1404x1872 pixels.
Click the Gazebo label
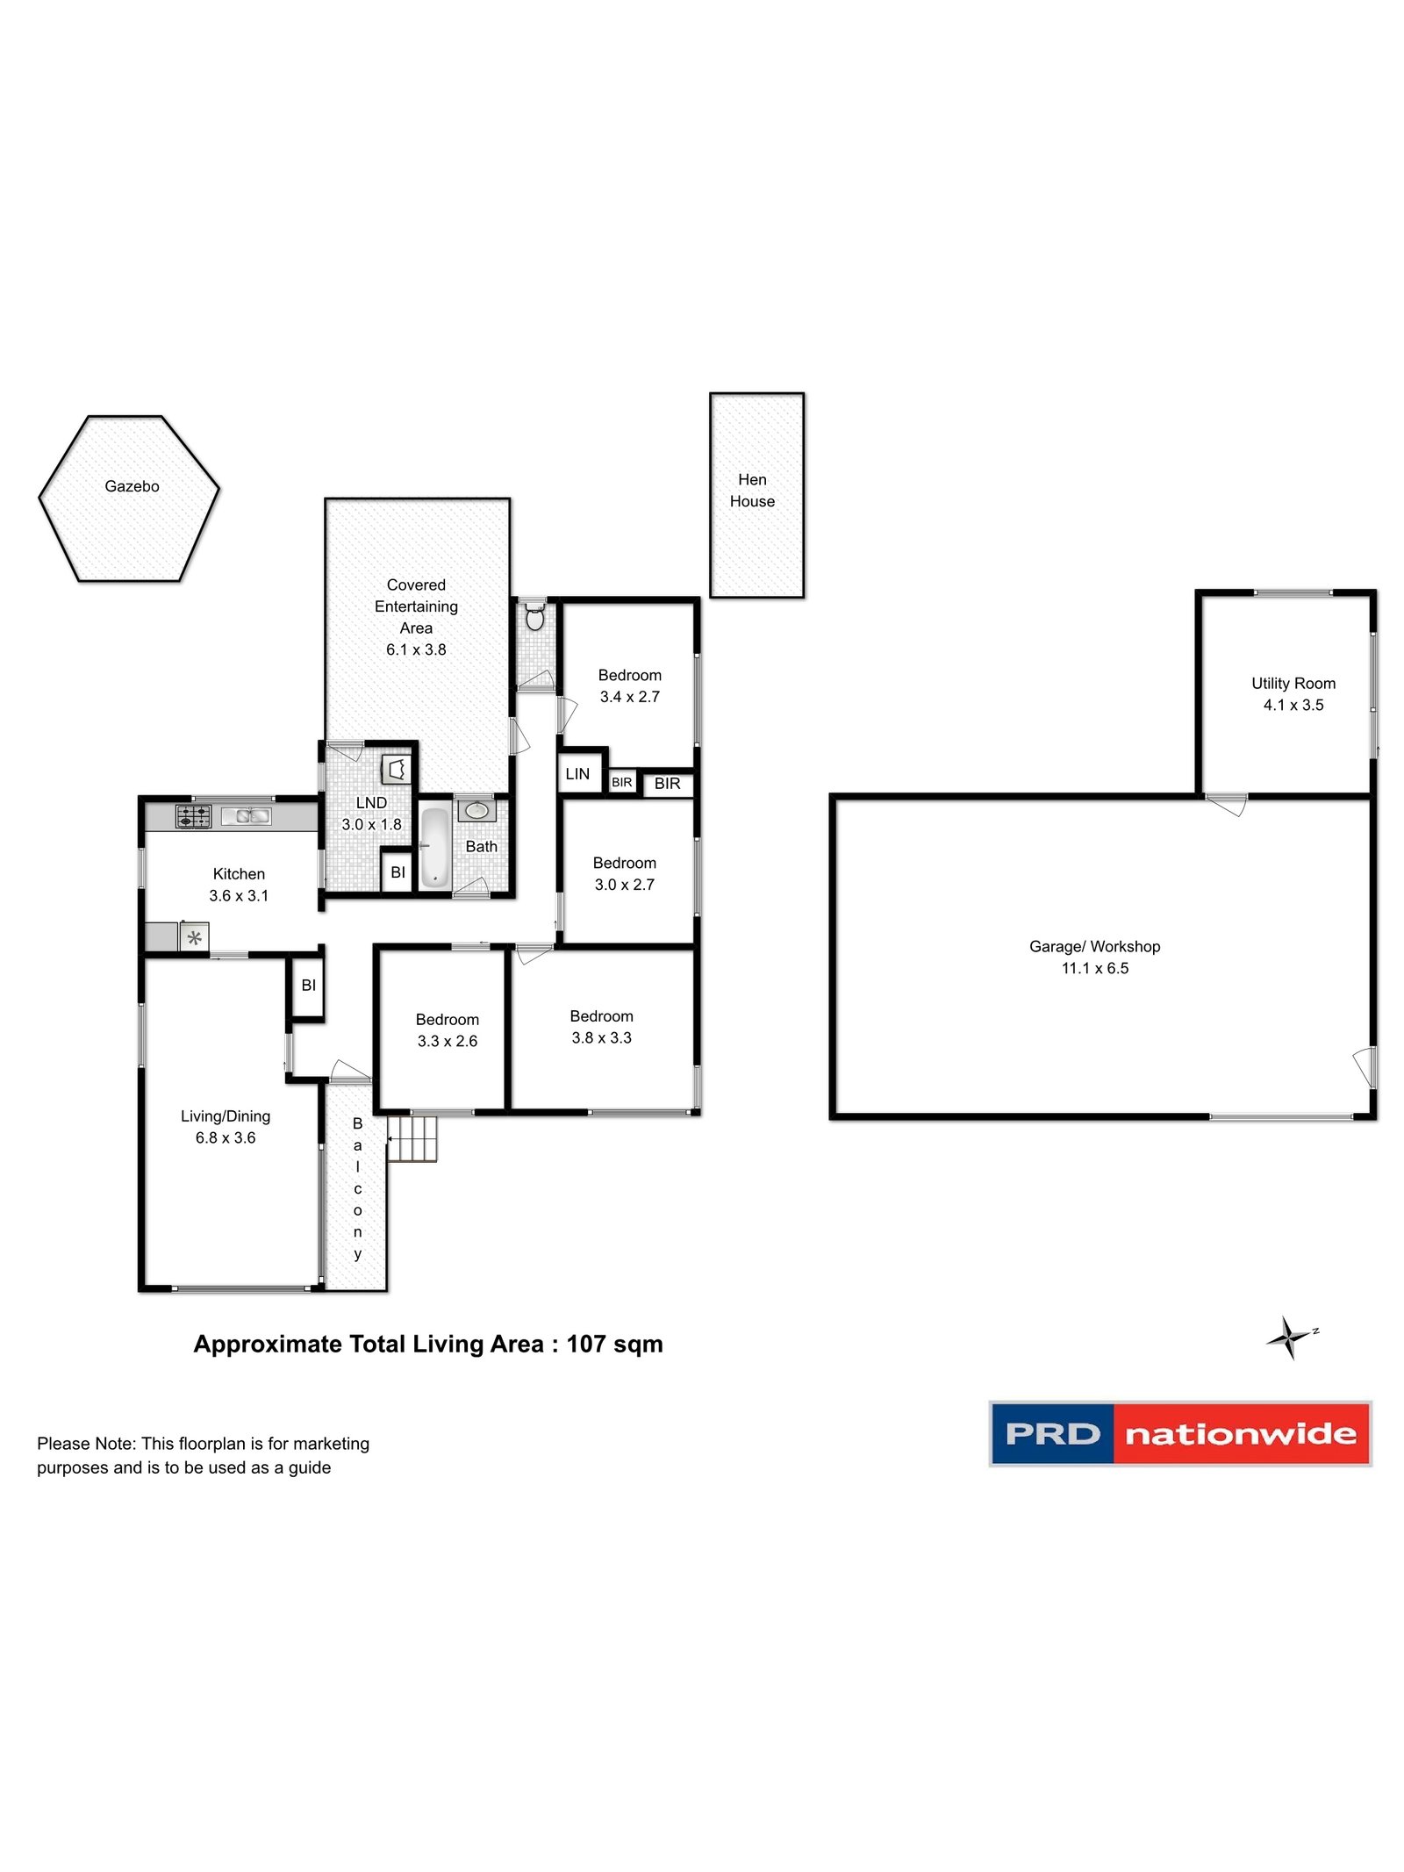[x=132, y=486]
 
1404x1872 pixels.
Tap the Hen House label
[x=752, y=491]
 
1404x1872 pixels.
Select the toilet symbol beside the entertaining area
[x=534, y=617]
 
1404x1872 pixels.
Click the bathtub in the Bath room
[x=434, y=848]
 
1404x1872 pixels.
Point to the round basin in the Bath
[x=476, y=809]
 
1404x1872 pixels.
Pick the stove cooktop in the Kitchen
[x=194, y=816]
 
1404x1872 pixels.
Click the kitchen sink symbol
[x=246, y=816]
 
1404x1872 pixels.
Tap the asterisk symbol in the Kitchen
[x=195, y=937]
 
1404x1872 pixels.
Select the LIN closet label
[x=577, y=774]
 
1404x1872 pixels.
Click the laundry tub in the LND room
[x=396, y=770]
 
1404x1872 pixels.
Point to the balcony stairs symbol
[x=412, y=1138]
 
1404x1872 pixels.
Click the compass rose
[x=1290, y=1338]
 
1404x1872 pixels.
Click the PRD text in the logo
[x=1052, y=1434]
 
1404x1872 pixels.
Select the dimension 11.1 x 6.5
[x=1095, y=968]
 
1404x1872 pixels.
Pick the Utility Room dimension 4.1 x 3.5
[x=1293, y=705]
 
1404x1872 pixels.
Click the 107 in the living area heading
[x=586, y=1345]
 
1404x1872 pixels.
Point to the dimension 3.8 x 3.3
[x=602, y=1037]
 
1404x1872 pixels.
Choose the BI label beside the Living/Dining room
[x=308, y=986]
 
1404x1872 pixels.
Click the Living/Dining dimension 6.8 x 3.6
[x=226, y=1137]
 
